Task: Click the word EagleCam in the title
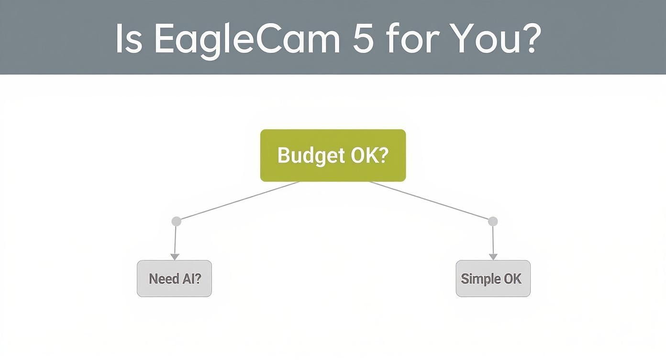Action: (246, 38)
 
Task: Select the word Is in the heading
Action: (128, 38)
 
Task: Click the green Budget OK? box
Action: (333, 156)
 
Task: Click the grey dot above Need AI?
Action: (176, 221)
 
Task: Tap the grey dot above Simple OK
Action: (493, 221)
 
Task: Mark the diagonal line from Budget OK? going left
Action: (238, 201)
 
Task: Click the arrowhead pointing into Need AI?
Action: (175, 257)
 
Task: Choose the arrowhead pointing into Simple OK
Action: (493, 257)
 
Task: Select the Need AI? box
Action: (174, 279)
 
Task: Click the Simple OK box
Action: (493, 279)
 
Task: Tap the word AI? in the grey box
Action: (191, 279)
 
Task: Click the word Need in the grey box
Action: (164, 279)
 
